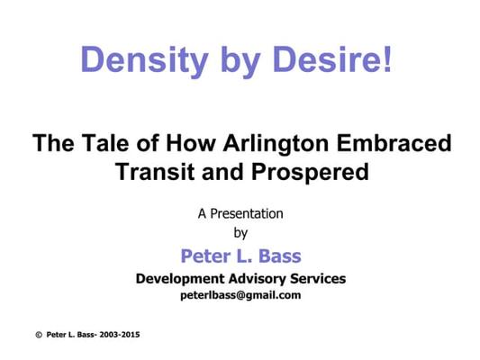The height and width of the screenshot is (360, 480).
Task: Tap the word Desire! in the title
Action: click(x=332, y=58)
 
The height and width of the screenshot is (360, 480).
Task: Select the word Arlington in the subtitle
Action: click(x=276, y=143)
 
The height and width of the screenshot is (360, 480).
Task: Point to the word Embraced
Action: click(x=394, y=142)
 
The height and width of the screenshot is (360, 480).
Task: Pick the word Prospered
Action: click(x=310, y=173)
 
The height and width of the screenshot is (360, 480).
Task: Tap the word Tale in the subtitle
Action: click(x=105, y=142)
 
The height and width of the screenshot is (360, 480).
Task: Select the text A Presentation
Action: click(x=240, y=214)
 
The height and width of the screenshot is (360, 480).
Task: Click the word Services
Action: click(x=318, y=278)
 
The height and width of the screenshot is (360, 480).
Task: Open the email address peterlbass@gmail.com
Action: click(x=240, y=296)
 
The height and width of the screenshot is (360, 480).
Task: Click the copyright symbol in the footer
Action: click(x=39, y=335)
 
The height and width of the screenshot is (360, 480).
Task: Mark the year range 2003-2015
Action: click(x=120, y=335)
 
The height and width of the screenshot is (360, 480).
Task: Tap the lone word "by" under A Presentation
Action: click(x=240, y=234)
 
